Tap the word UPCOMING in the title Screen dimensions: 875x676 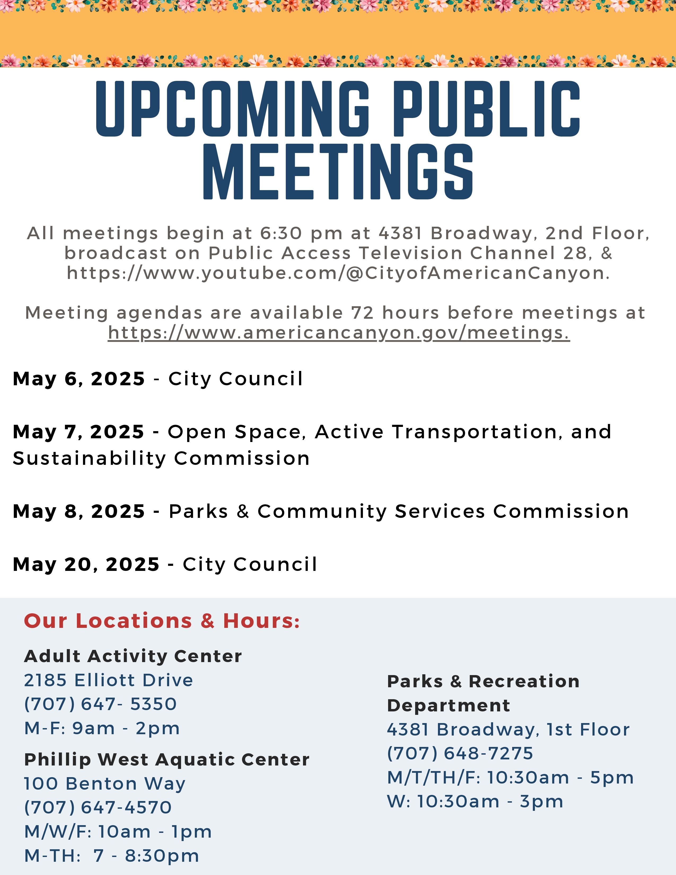point(232,109)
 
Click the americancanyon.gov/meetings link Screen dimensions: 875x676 point(339,333)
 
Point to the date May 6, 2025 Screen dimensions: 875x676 point(79,379)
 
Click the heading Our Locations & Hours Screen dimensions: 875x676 point(162,621)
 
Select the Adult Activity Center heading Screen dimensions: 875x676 point(133,656)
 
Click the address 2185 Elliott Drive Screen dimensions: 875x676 point(108,680)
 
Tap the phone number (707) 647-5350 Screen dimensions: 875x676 point(100,704)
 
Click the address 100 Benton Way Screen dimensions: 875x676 point(105,784)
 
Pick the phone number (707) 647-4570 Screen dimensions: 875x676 point(98,807)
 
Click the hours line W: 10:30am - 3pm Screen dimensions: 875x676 point(475,802)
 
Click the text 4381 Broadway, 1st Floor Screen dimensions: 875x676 point(508,730)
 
